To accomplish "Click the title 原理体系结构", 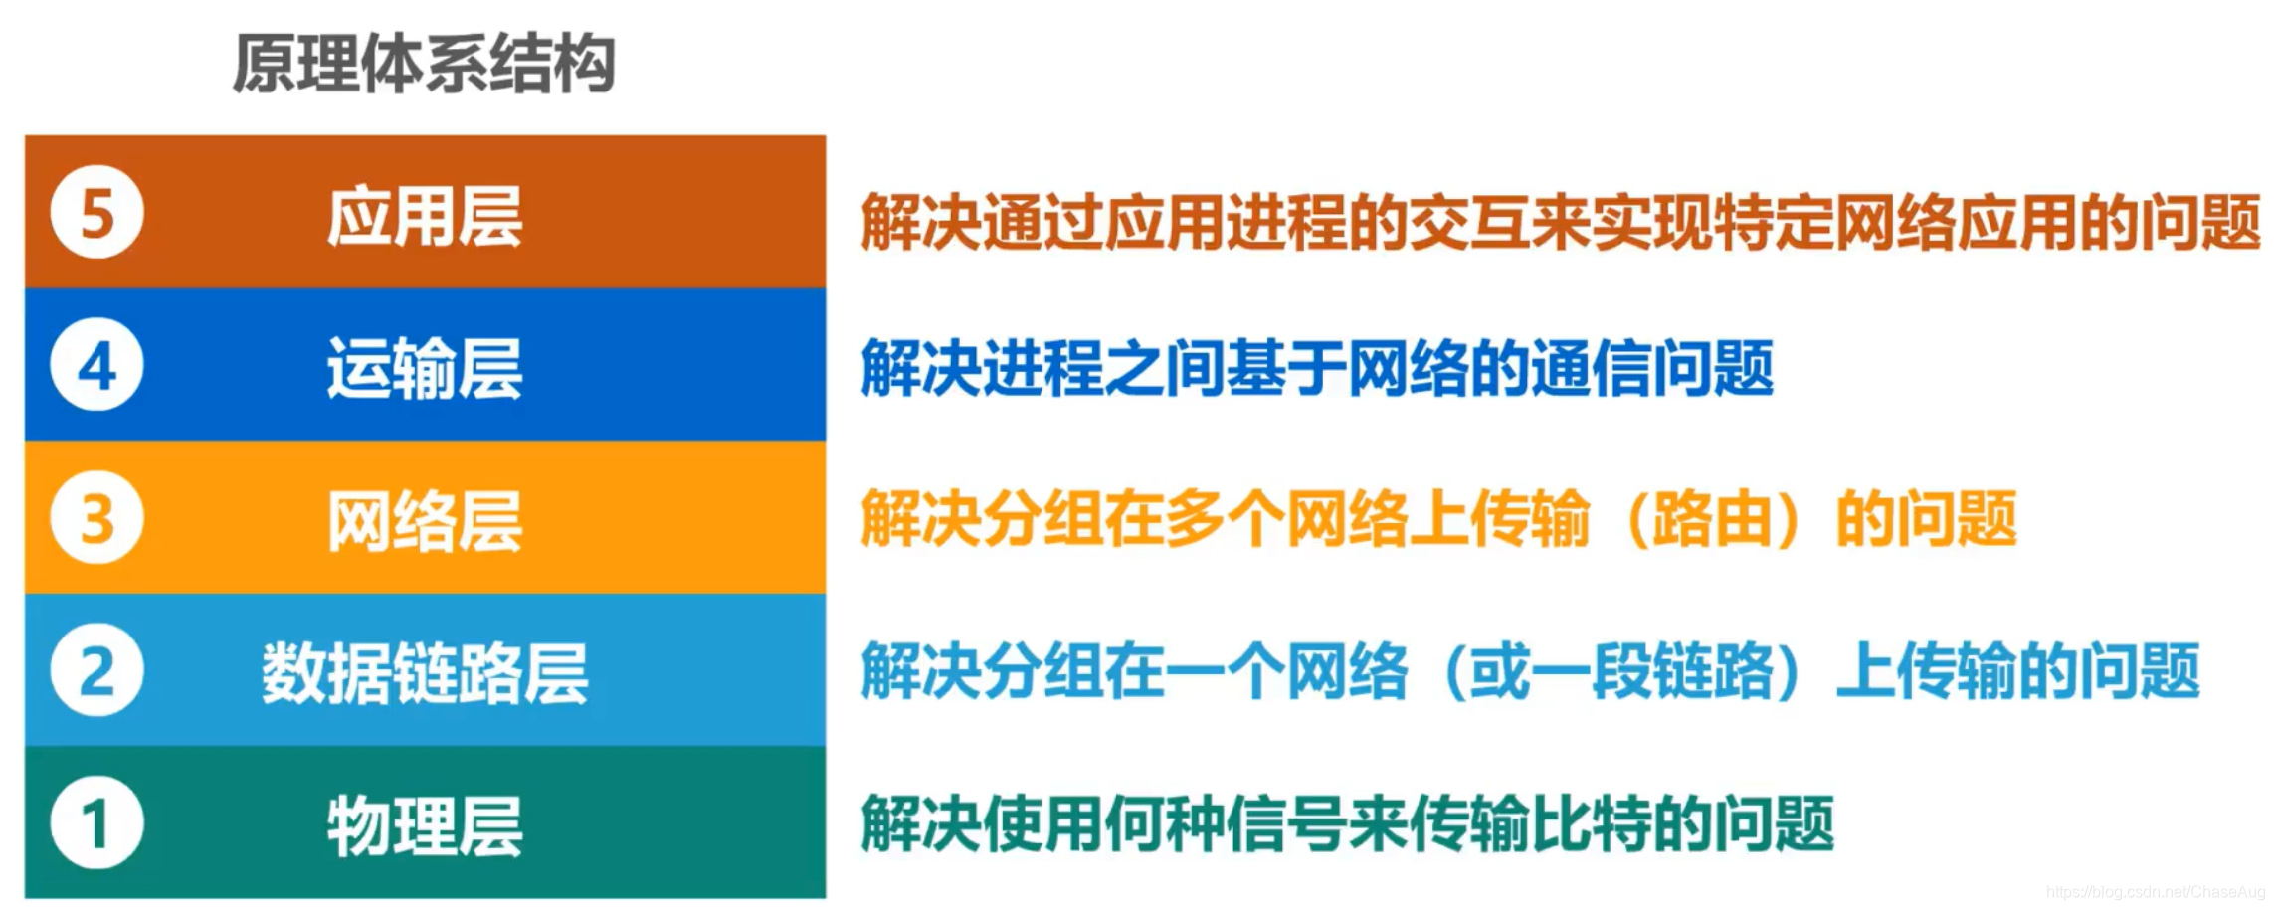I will point(424,64).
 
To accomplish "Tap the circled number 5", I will point(96,212).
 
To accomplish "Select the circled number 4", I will point(96,365).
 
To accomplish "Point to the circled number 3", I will point(96,518).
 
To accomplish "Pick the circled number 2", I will point(96,671).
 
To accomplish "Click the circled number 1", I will point(96,823).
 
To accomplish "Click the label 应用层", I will point(425,216).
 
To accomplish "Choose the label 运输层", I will point(425,368).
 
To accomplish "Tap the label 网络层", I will point(425,520).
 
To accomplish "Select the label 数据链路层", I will point(425,673).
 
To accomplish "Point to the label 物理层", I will point(425,825).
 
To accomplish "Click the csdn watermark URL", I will point(2155,892).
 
